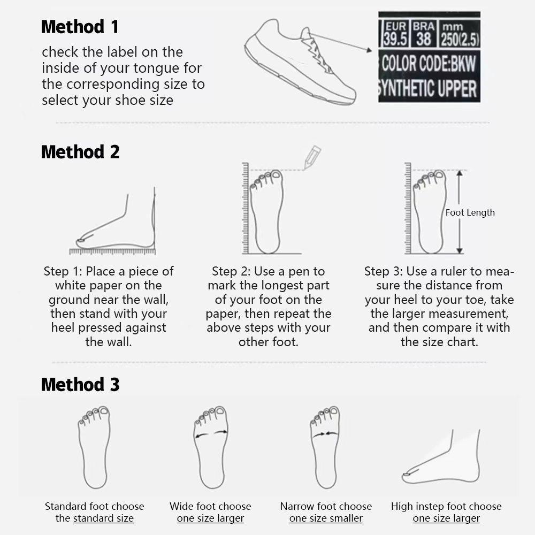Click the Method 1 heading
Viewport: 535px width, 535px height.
(x=80, y=26)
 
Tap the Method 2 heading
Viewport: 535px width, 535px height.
(x=80, y=152)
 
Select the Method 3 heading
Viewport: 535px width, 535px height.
(x=80, y=384)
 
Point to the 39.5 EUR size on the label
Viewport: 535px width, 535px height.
(x=394, y=39)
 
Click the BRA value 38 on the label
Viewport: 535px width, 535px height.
(x=424, y=39)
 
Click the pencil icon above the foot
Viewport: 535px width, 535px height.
(x=311, y=158)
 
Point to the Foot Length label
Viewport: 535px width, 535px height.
(x=470, y=212)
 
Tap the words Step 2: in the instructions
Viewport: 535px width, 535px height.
(x=231, y=271)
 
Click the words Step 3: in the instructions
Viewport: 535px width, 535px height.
(x=384, y=271)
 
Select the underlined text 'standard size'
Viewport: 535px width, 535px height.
(x=103, y=518)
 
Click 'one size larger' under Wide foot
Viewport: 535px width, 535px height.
(x=210, y=518)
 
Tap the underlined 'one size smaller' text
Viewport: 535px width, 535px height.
(x=326, y=518)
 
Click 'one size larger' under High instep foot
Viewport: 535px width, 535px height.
(x=446, y=518)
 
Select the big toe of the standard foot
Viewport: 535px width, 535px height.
(x=104, y=411)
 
